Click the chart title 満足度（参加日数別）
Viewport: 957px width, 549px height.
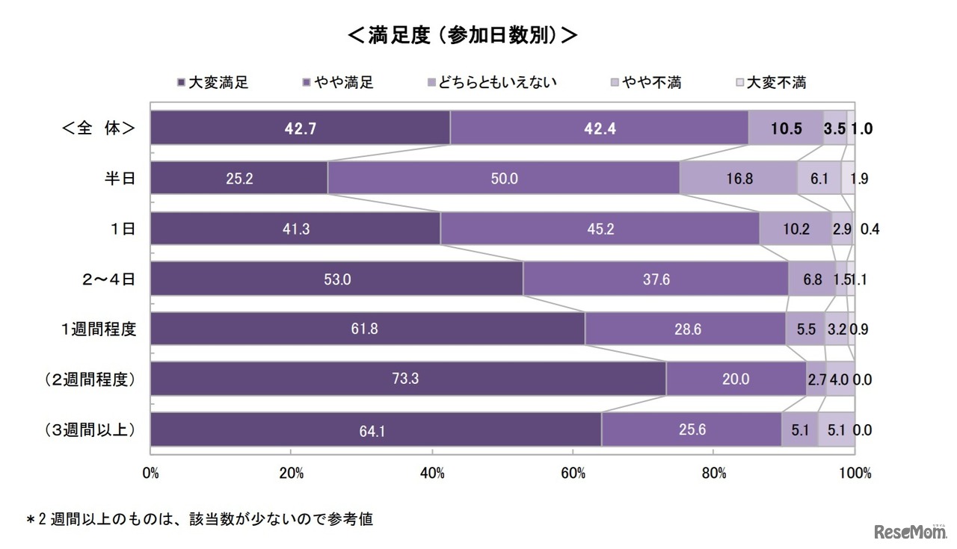tap(463, 35)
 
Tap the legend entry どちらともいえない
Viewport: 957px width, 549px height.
tap(491, 82)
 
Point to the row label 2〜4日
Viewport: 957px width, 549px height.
tap(110, 279)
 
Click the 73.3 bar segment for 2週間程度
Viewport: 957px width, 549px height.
tap(407, 379)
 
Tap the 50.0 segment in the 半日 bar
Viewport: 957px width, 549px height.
tap(503, 179)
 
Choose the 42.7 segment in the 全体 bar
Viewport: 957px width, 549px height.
tap(300, 128)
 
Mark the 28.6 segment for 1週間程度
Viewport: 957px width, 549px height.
tap(685, 329)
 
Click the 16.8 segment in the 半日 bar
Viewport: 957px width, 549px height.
tap(738, 179)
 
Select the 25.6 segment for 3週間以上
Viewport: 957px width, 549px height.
tap(692, 429)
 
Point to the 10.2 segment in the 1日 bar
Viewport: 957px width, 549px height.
tap(796, 229)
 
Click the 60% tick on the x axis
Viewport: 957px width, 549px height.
tap(573, 473)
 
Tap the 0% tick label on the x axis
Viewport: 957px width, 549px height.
tap(150, 473)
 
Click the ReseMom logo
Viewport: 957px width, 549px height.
tap(909, 531)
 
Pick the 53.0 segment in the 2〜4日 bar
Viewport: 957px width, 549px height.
tap(336, 279)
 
